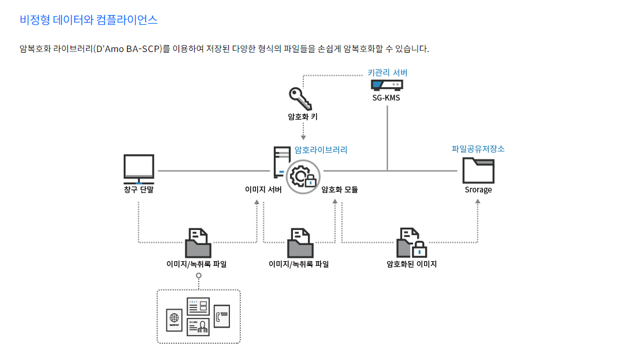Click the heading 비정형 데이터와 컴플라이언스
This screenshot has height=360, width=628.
point(88,20)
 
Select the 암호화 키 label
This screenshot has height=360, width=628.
point(303,117)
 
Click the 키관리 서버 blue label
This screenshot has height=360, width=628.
point(387,73)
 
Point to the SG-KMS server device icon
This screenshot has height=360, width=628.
point(387,86)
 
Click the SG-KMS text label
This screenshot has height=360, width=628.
point(387,98)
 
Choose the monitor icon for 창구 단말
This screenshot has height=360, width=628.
point(139,168)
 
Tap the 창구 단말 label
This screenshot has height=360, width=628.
point(139,190)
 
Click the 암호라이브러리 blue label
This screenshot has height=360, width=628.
point(321,150)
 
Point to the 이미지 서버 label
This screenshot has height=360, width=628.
point(263,190)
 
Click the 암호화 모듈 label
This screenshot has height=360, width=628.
point(340,190)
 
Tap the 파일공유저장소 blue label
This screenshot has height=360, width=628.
point(478,149)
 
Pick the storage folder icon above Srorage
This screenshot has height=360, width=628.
point(478,170)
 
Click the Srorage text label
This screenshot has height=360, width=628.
point(478,190)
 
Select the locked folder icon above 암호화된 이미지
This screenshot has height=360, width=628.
point(411,243)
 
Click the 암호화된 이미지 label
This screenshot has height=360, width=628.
point(411,264)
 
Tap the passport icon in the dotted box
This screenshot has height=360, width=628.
point(174,320)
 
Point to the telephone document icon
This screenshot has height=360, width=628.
point(221,316)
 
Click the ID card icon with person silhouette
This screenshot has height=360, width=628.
point(198,326)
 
